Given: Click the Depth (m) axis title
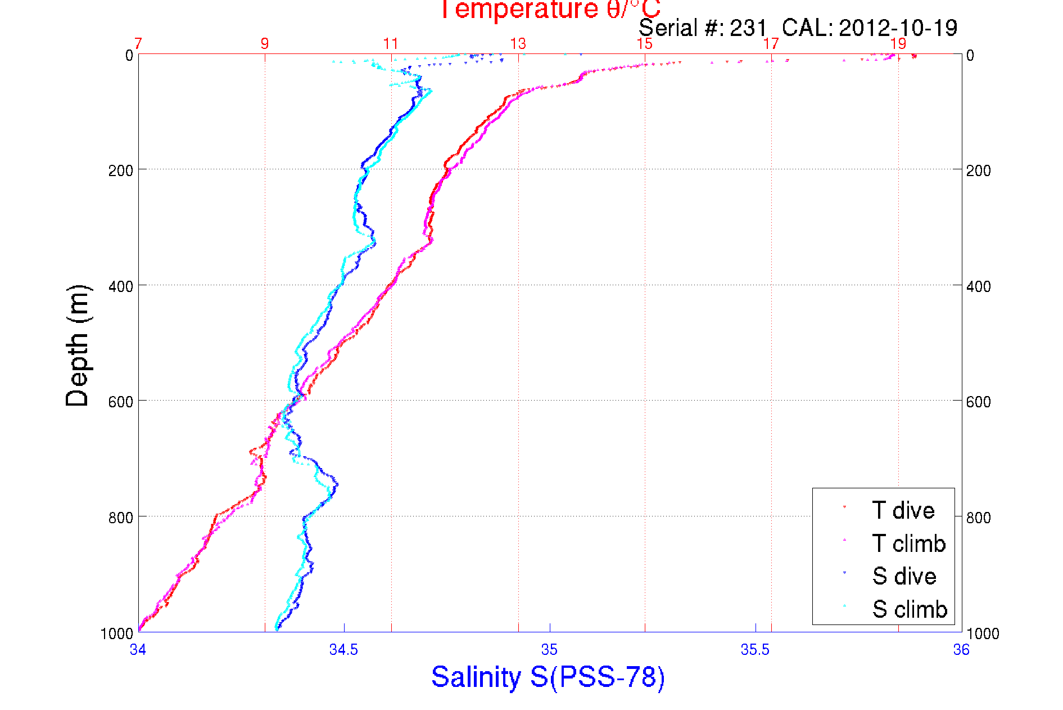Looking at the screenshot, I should click(x=78, y=345).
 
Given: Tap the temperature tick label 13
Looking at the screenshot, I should click(x=518, y=44).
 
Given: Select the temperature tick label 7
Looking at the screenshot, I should click(x=138, y=44).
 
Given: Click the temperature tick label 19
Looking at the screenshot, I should click(x=898, y=44).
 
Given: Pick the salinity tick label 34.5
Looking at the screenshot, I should click(x=343, y=650).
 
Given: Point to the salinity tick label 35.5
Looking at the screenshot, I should click(x=755, y=650).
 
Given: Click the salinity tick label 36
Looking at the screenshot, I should click(x=961, y=650).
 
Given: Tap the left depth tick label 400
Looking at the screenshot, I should click(x=120, y=286).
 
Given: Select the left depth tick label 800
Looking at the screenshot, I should click(x=120, y=518).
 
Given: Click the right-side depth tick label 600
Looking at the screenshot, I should click(x=979, y=402).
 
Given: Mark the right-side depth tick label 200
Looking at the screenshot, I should click(x=979, y=170).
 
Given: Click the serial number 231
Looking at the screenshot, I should click(x=748, y=28).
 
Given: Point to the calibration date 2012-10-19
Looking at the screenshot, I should click(x=898, y=28).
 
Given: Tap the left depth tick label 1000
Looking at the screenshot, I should click(x=117, y=634).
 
